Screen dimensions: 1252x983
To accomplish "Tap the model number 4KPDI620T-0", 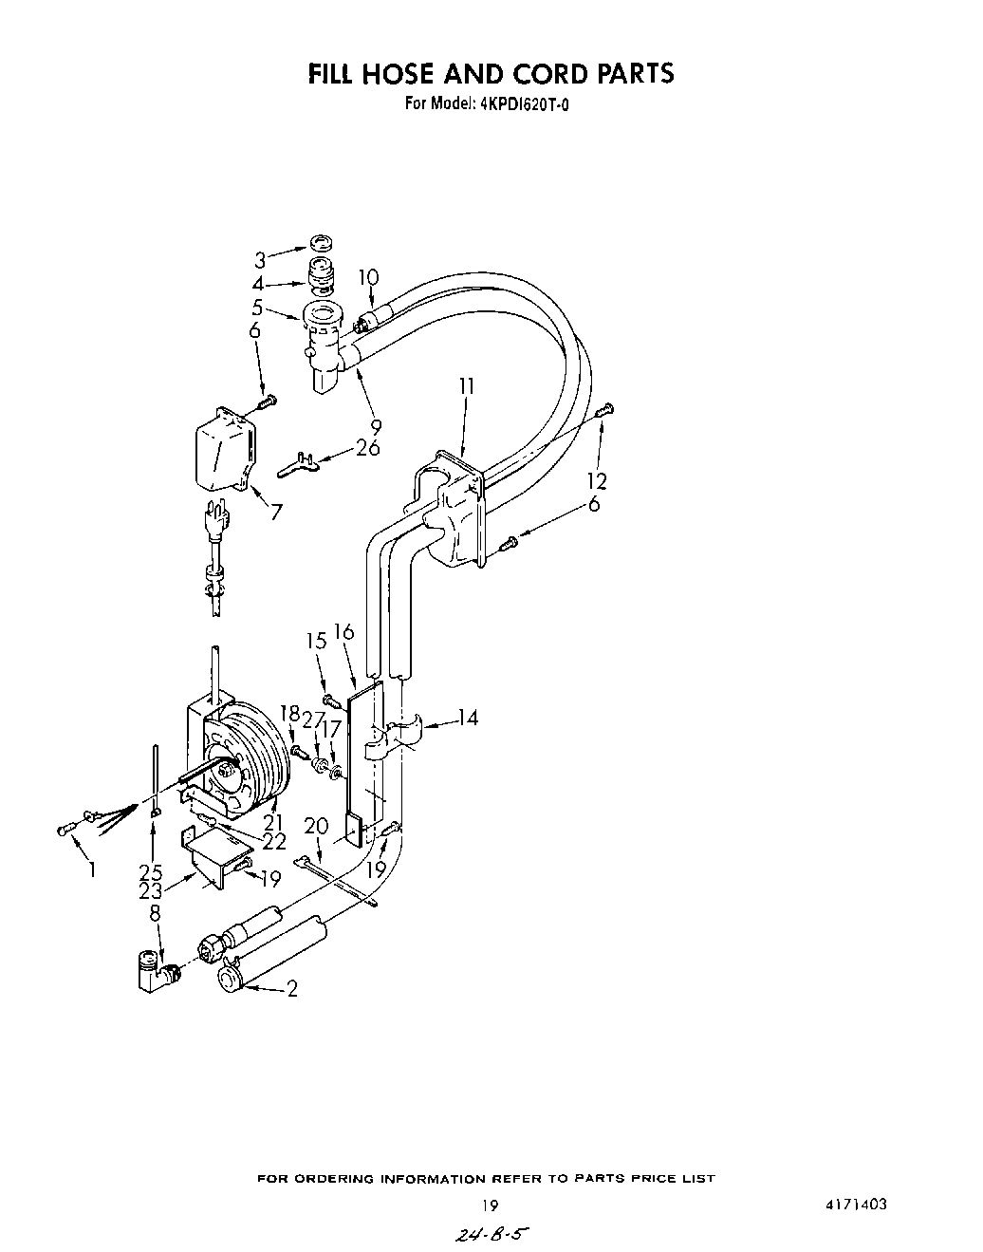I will click(512, 103).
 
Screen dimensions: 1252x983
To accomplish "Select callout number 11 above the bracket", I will click(466, 386).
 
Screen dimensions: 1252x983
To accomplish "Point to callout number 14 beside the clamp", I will click(467, 718).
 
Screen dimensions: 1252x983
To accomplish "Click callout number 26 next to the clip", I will click(368, 448).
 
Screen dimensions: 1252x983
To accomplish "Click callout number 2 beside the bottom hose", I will click(292, 989).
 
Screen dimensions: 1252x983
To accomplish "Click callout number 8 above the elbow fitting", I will click(154, 913).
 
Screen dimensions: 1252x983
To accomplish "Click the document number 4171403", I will click(857, 1205).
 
